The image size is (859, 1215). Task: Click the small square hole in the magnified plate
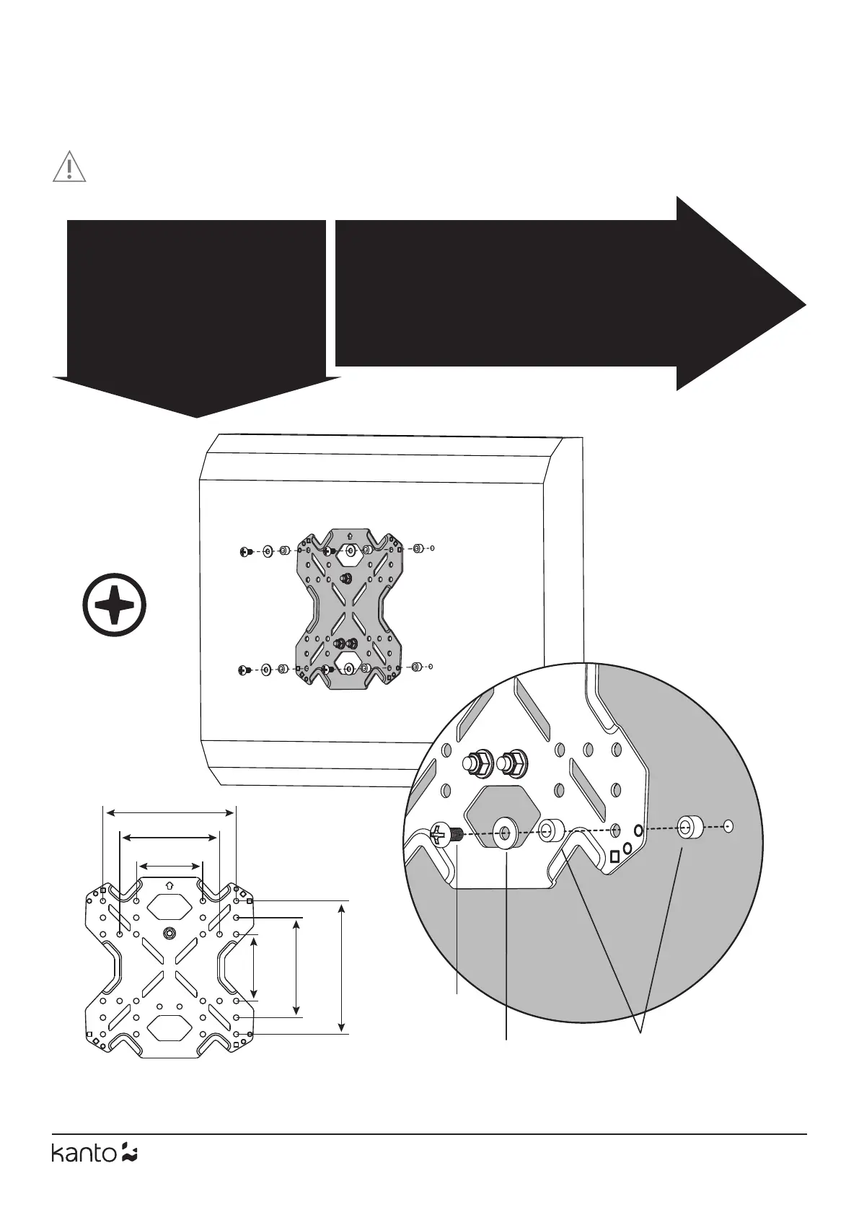(x=614, y=856)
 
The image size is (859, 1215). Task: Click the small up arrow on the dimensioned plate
(x=169, y=885)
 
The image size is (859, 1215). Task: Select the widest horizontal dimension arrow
(x=170, y=812)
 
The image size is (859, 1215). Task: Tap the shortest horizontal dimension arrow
(x=169, y=865)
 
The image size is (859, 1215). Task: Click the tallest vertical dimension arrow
(x=342, y=967)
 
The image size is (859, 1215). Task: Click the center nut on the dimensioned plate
(x=169, y=932)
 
